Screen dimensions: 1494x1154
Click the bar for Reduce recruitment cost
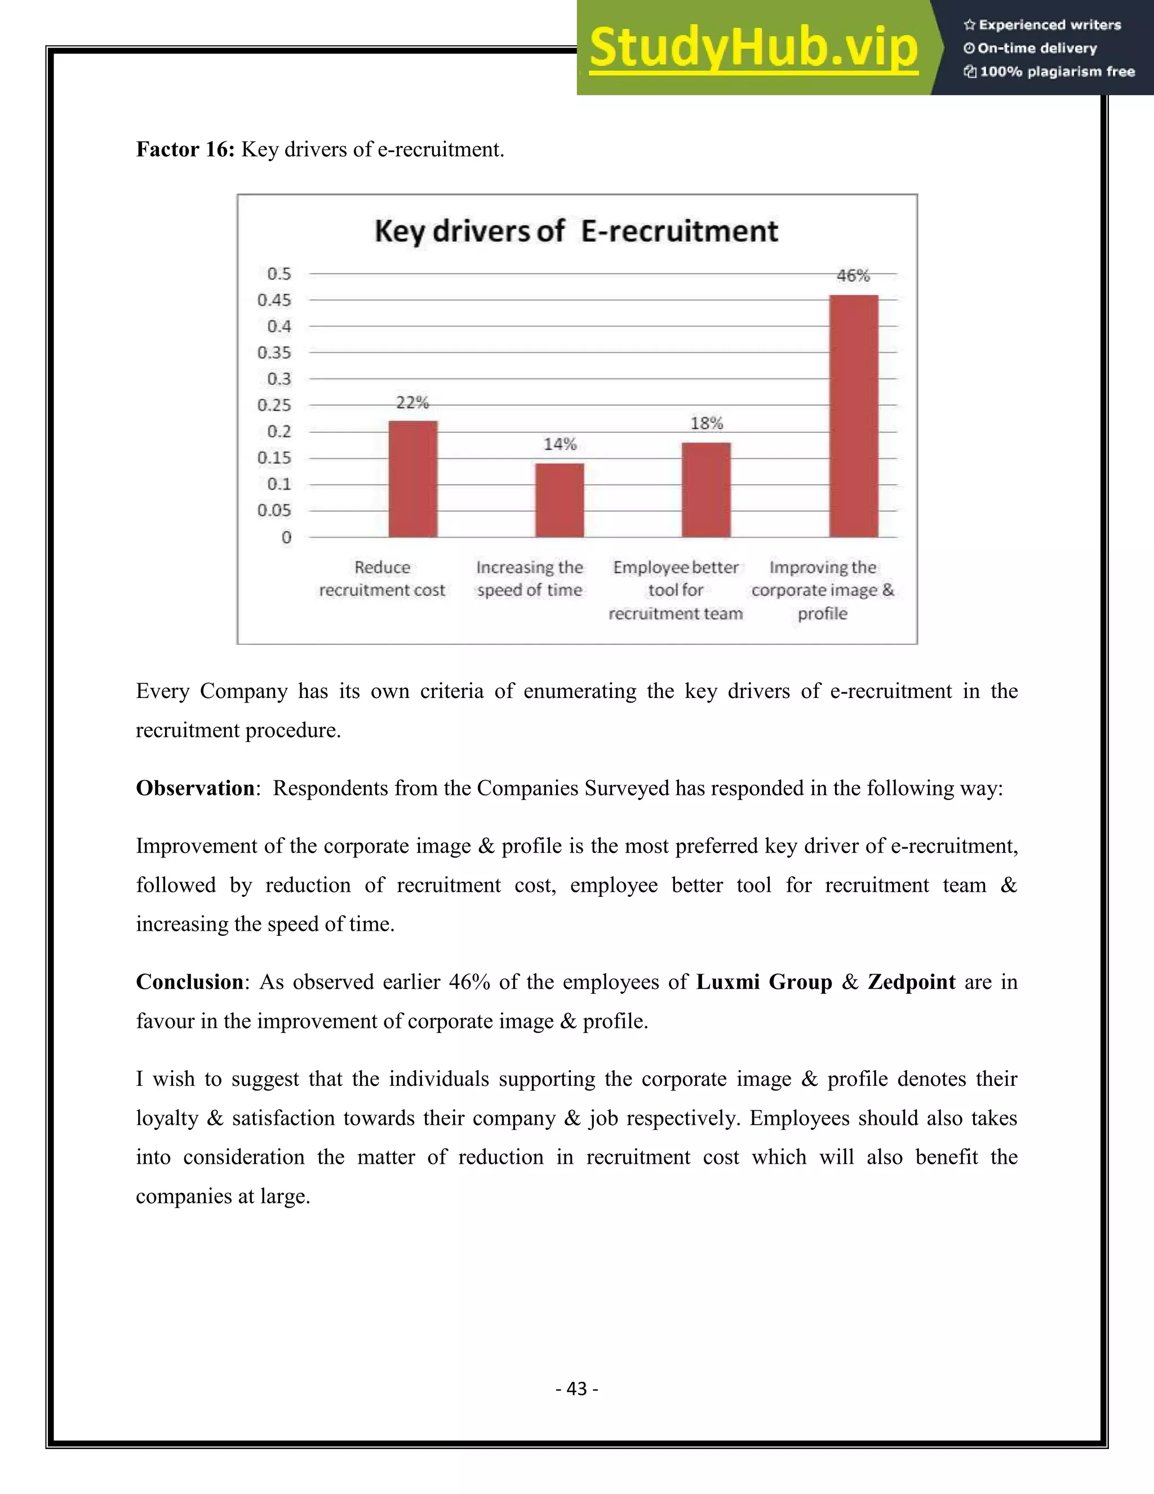tap(413, 480)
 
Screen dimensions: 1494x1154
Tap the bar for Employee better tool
tap(706, 490)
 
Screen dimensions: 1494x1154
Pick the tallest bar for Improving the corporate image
tap(853, 416)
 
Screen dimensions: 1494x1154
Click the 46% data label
tap(853, 276)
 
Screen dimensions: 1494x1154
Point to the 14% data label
tap(560, 445)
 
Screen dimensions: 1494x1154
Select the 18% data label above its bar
tap(706, 423)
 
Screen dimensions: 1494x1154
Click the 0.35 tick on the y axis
tap(274, 352)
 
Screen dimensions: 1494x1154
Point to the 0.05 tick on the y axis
tap(274, 510)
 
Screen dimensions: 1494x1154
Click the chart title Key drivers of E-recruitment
tap(576, 231)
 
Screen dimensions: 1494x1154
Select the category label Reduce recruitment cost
tap(381, 579)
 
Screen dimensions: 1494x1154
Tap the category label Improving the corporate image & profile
tap(823, 590)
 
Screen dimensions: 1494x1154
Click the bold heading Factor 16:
tap(185, 149)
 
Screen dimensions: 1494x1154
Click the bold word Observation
tap(196, 788)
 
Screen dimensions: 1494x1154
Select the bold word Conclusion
tap(189, 982)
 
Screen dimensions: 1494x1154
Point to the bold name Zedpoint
tap(911, 982)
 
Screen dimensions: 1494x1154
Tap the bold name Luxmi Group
tap(764, 982)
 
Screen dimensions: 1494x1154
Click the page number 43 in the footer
tap(577, 1388)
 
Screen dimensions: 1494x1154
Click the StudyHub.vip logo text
tap(753, 48)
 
